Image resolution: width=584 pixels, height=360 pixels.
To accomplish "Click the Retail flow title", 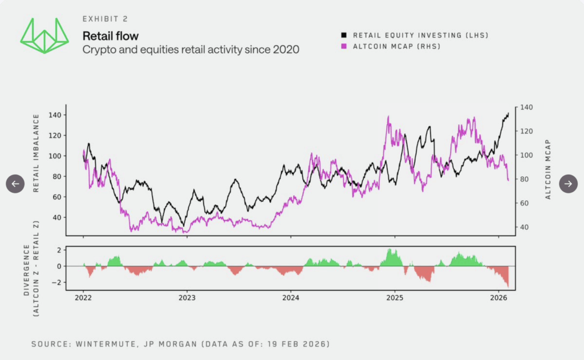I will click(x=110, y=37).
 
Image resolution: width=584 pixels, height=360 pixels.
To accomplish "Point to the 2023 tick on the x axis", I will click(x=187, y=297).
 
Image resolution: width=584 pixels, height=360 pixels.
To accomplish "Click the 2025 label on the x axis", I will click(x=395, y=297).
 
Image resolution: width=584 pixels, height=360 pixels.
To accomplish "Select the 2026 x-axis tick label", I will click(x=498, y=297).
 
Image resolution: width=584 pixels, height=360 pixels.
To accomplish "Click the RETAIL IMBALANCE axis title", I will click(x=36, y=153).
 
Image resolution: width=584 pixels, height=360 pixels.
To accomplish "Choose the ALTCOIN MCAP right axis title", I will click(x=548, y=169).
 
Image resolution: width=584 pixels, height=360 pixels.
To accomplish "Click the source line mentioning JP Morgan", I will click(x=180, y=344).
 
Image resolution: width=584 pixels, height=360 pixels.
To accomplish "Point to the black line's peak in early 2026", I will click(x=508, y=114).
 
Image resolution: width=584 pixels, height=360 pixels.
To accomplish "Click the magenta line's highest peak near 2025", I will click(x=388, y=117).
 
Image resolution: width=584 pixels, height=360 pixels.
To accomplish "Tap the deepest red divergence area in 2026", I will click(x=507, y=283).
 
